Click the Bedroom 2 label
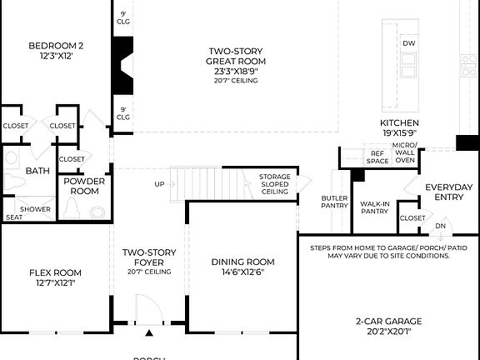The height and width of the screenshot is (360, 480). coord(56,50)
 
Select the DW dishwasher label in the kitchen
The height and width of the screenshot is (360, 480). coord(408,43)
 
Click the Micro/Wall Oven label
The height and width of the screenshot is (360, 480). coord(404,155)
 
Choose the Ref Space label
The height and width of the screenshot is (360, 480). coord(377,156)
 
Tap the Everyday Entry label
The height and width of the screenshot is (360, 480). coord(448,192)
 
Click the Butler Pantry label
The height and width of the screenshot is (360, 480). coord(334,202)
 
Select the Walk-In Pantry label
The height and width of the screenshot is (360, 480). coord(374,207)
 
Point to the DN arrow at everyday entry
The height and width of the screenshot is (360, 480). coord(440,225)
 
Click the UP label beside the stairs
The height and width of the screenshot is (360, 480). coord(159,183)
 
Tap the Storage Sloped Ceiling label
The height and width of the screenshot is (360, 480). coord(274,184)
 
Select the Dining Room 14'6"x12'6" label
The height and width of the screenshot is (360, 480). coord(242,266)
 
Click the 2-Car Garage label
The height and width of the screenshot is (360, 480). coord(389,326)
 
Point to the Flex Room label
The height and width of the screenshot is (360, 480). coord(55,277)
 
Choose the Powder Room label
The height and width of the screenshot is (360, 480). coord(83,185)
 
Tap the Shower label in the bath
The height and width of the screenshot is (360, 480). coord(35,209)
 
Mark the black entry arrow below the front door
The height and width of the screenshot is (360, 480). coord(149,333)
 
